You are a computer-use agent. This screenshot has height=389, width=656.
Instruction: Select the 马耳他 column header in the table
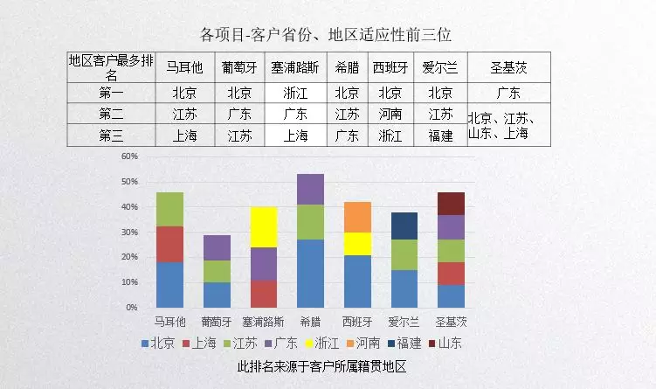point(184,67)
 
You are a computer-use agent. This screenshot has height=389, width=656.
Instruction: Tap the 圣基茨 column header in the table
point(508,67)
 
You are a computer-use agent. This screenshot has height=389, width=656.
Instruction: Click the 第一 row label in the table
point(111,93)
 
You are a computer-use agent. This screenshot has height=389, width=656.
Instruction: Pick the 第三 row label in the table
point(111,135)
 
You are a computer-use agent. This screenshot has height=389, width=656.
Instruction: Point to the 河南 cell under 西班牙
point(390,115)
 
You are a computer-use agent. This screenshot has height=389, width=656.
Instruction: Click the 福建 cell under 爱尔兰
point(439,135)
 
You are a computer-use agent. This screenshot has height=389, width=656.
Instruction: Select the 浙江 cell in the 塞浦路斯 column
point(296,93)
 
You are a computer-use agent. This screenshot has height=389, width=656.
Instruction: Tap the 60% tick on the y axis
point(129,156)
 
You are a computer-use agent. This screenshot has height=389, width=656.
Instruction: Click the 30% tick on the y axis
point(129,233)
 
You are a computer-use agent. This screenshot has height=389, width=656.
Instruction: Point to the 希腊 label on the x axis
point(310,321)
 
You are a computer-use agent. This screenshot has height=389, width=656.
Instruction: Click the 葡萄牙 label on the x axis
point(216,321)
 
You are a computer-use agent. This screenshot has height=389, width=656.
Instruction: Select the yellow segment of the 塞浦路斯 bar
point(263,227)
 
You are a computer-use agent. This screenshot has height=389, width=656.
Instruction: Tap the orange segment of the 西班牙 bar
point(357,217)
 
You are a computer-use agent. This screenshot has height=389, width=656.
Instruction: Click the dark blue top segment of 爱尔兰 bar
point(404,226)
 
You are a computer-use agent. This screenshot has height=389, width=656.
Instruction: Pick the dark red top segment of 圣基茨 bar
point(452,204)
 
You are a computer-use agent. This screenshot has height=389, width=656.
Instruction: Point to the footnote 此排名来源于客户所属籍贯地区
point(323,367)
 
